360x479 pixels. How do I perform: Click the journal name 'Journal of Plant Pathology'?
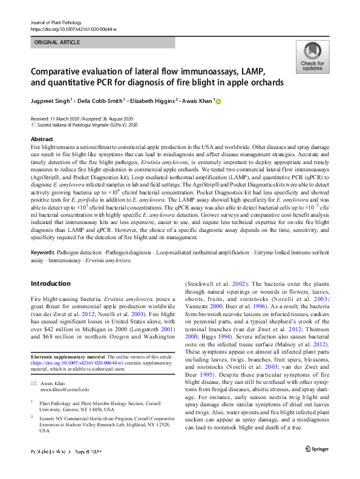click(x=53, y=21)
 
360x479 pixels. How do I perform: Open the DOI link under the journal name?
click(x=73, y=28)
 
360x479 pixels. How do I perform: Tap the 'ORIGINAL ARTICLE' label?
click(x=56, y=43)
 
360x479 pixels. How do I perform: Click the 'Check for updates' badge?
click(x=312, y=58)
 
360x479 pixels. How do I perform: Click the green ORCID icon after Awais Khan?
click(x=218, y=102)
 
